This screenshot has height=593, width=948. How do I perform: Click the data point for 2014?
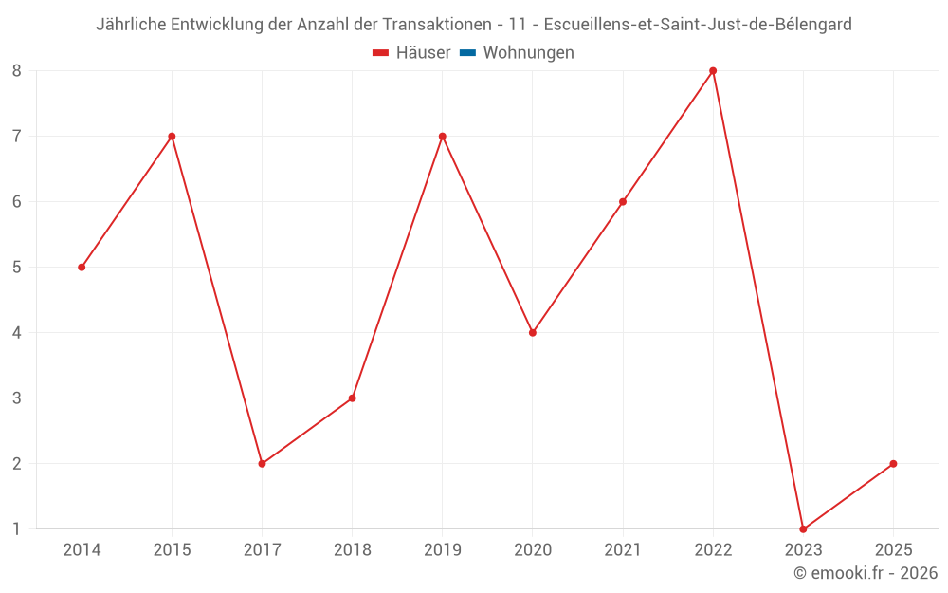82,268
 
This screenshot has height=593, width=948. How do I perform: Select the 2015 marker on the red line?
172,137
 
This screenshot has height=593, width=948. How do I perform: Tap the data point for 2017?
262,464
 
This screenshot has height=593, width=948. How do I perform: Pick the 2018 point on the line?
352,398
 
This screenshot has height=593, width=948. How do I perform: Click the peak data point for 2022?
713,71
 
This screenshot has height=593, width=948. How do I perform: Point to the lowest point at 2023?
803,529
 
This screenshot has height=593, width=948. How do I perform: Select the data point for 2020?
533,333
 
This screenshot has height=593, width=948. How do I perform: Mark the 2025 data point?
893,464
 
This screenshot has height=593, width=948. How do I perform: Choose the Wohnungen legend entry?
528,53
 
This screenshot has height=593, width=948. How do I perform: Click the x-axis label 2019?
443,550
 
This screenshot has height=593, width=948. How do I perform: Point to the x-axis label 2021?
623,550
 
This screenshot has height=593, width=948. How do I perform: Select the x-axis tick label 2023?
803,550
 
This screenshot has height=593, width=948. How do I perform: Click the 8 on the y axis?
17,71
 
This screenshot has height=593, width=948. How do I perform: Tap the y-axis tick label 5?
17,268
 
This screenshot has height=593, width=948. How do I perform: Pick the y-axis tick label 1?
17,529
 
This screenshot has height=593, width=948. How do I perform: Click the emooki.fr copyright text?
866,573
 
